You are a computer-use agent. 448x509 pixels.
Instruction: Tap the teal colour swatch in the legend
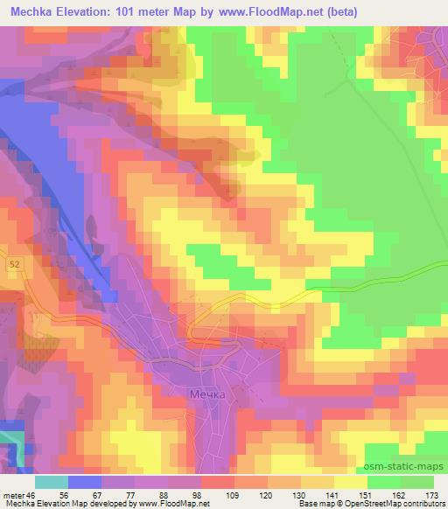[x=52, y=481]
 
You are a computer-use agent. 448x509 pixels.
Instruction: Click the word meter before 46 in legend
[x=14, y=494]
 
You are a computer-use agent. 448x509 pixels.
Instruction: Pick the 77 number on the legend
[x=120, y=494]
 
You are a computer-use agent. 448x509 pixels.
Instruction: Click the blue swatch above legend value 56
[x=85, y=481]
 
